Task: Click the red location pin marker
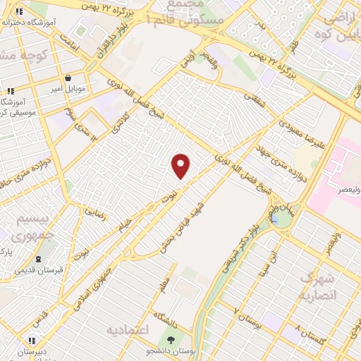tap(181, 166)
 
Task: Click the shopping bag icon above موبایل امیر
tap(67, 78)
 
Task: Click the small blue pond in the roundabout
tap(285, 219)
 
